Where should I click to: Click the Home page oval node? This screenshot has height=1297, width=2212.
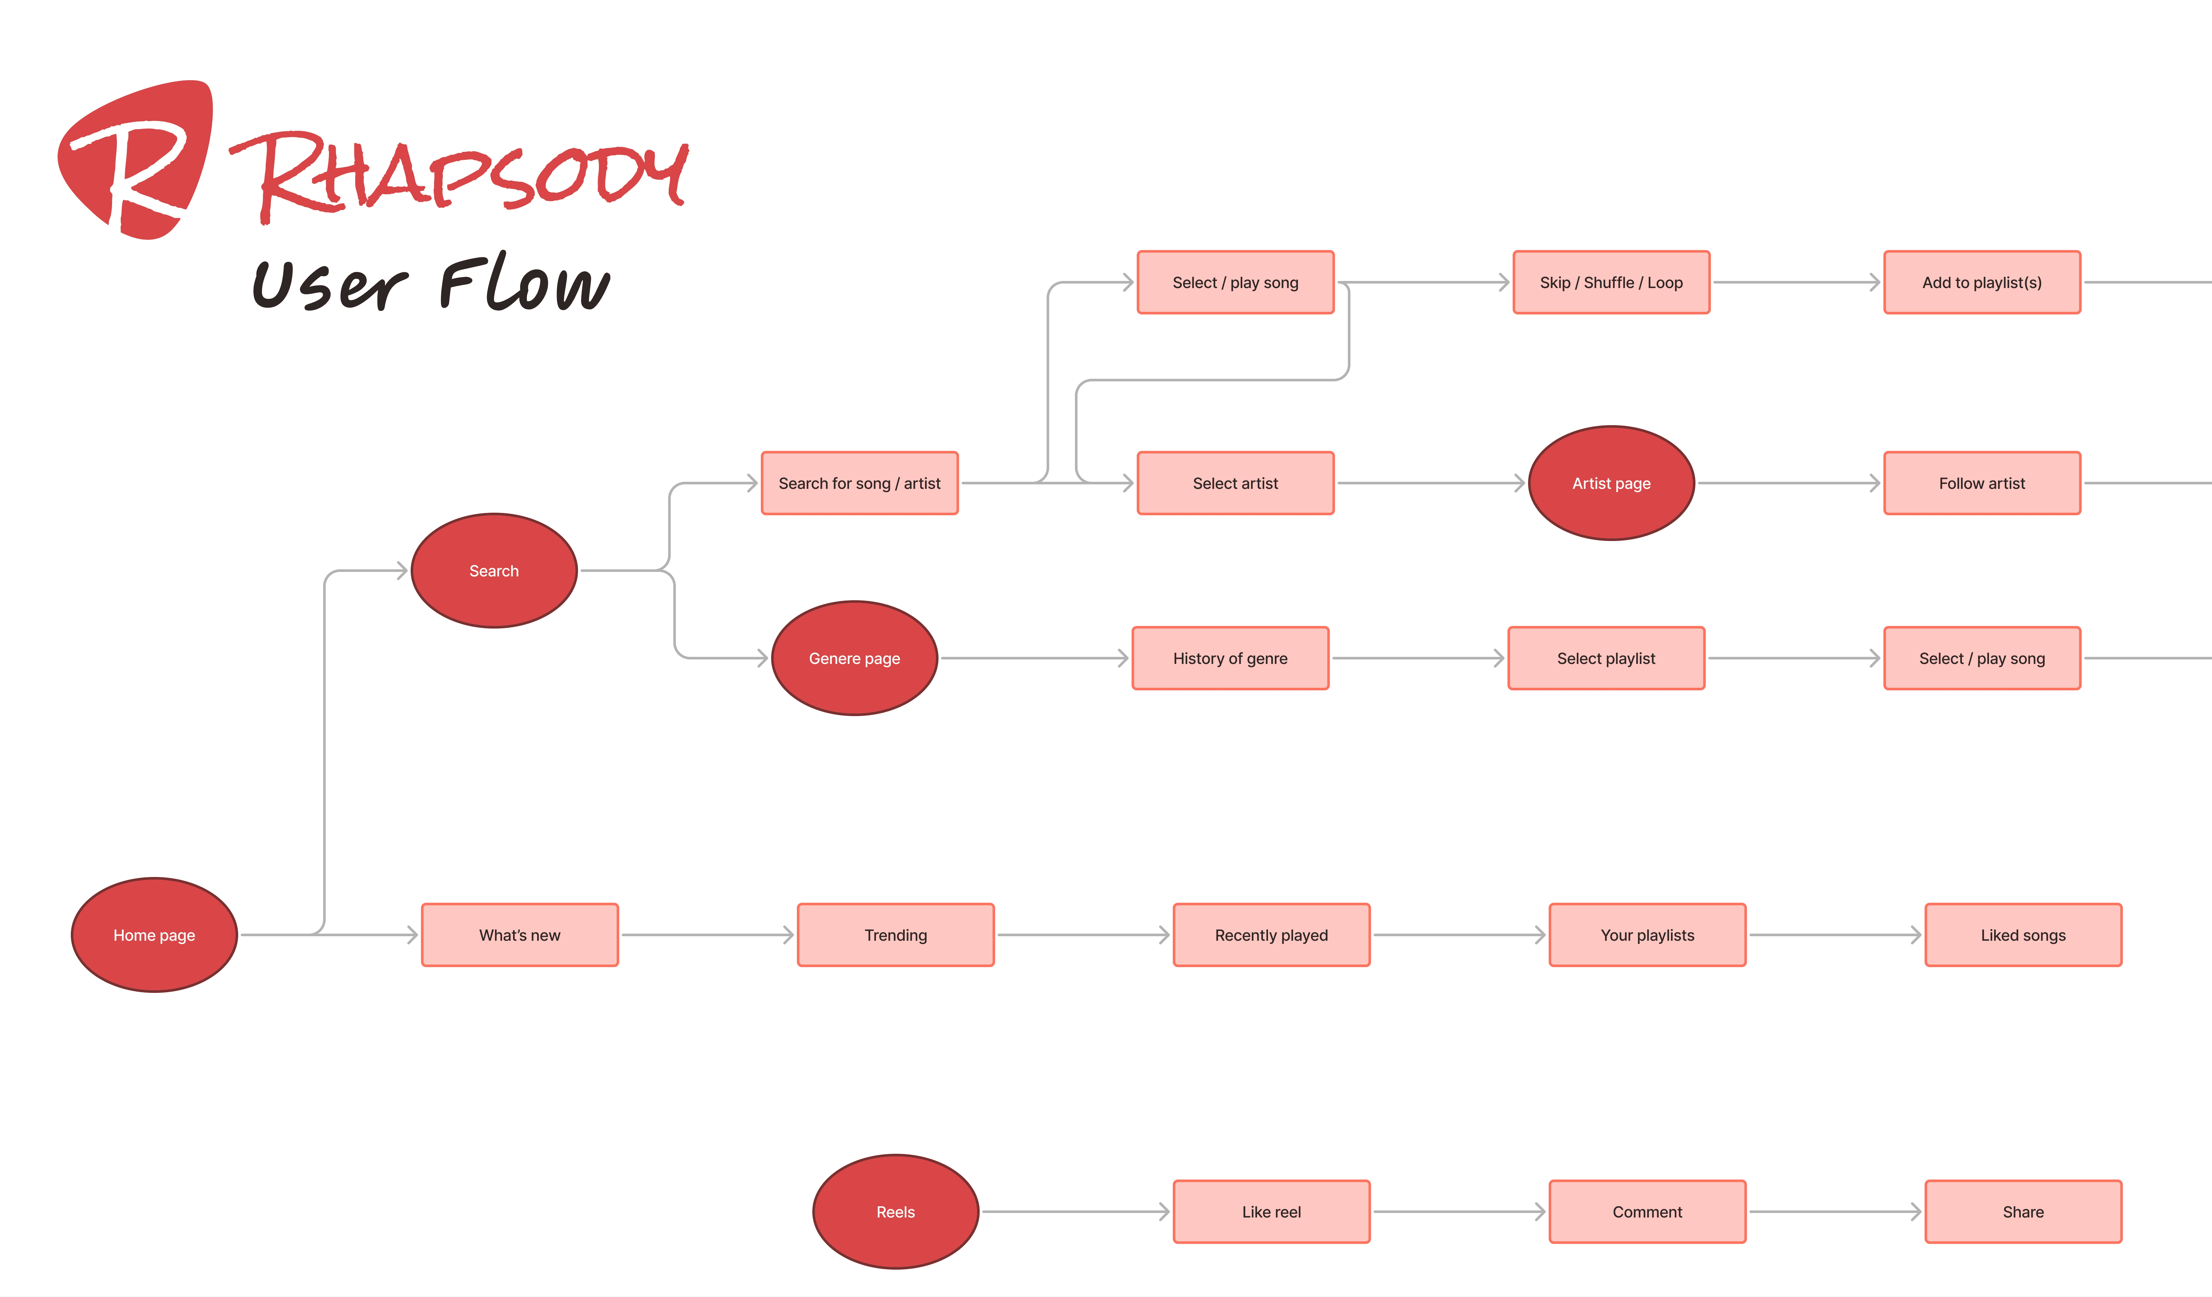click(154, 935)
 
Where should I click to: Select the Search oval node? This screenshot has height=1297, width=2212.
click(494, 570)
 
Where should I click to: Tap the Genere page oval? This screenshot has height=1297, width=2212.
click(854, 658)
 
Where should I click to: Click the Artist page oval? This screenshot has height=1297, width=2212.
click(1611, 483)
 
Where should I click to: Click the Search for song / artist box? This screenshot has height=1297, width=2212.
click(859, 483)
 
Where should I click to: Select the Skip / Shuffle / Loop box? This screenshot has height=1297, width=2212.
click(1611, 282)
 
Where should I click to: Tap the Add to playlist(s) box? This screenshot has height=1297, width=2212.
click(1982, 282)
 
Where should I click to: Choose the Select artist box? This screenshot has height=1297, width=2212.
click(1235, 483)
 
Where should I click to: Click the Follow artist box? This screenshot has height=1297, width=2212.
click(1982, 483)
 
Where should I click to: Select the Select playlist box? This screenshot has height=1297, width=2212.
click(1606, 658)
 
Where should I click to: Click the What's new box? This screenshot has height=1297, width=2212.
click(520, 935)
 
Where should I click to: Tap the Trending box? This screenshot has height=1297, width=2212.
click(895, 935)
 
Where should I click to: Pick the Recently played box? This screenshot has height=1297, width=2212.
click(1271, 935)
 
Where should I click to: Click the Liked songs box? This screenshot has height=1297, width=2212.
click(2023, 935)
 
